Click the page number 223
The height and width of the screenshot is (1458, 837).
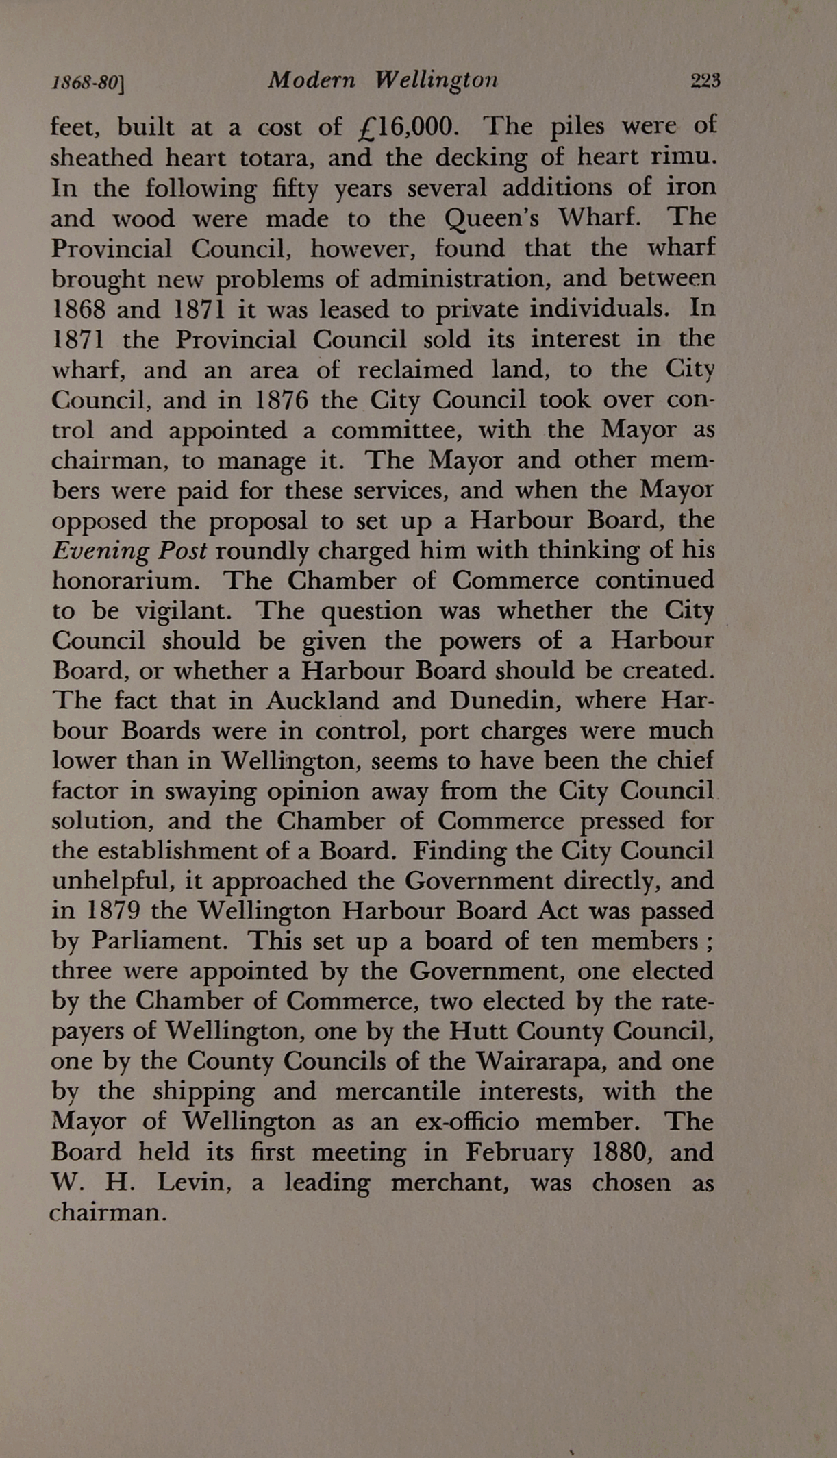tap(705, 81)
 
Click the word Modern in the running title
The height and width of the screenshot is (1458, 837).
tap(312, 81)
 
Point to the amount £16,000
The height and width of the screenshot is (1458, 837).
tap(405, 127)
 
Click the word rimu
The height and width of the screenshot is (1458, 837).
tap(682, 158)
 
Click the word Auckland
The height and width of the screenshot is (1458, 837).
tap(323, 701)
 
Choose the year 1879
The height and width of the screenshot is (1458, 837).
tap(114, 911)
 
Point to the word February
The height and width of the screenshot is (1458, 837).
tap(519, 1152)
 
